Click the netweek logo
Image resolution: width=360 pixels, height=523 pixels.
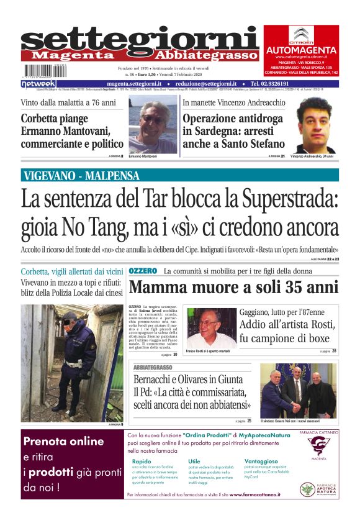(x=38, y=84)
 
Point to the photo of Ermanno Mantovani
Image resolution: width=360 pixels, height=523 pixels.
(x=153, y=127)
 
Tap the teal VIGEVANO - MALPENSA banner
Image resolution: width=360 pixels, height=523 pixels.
(x=180, y=175)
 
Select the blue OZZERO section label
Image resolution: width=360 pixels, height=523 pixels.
(x=143, y=271)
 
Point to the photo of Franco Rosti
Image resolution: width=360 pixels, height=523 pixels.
(x=210, y=327)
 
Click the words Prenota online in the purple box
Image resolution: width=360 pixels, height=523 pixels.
(x=63, y=442)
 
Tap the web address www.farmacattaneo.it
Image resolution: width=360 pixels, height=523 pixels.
(x=254, y=494)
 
